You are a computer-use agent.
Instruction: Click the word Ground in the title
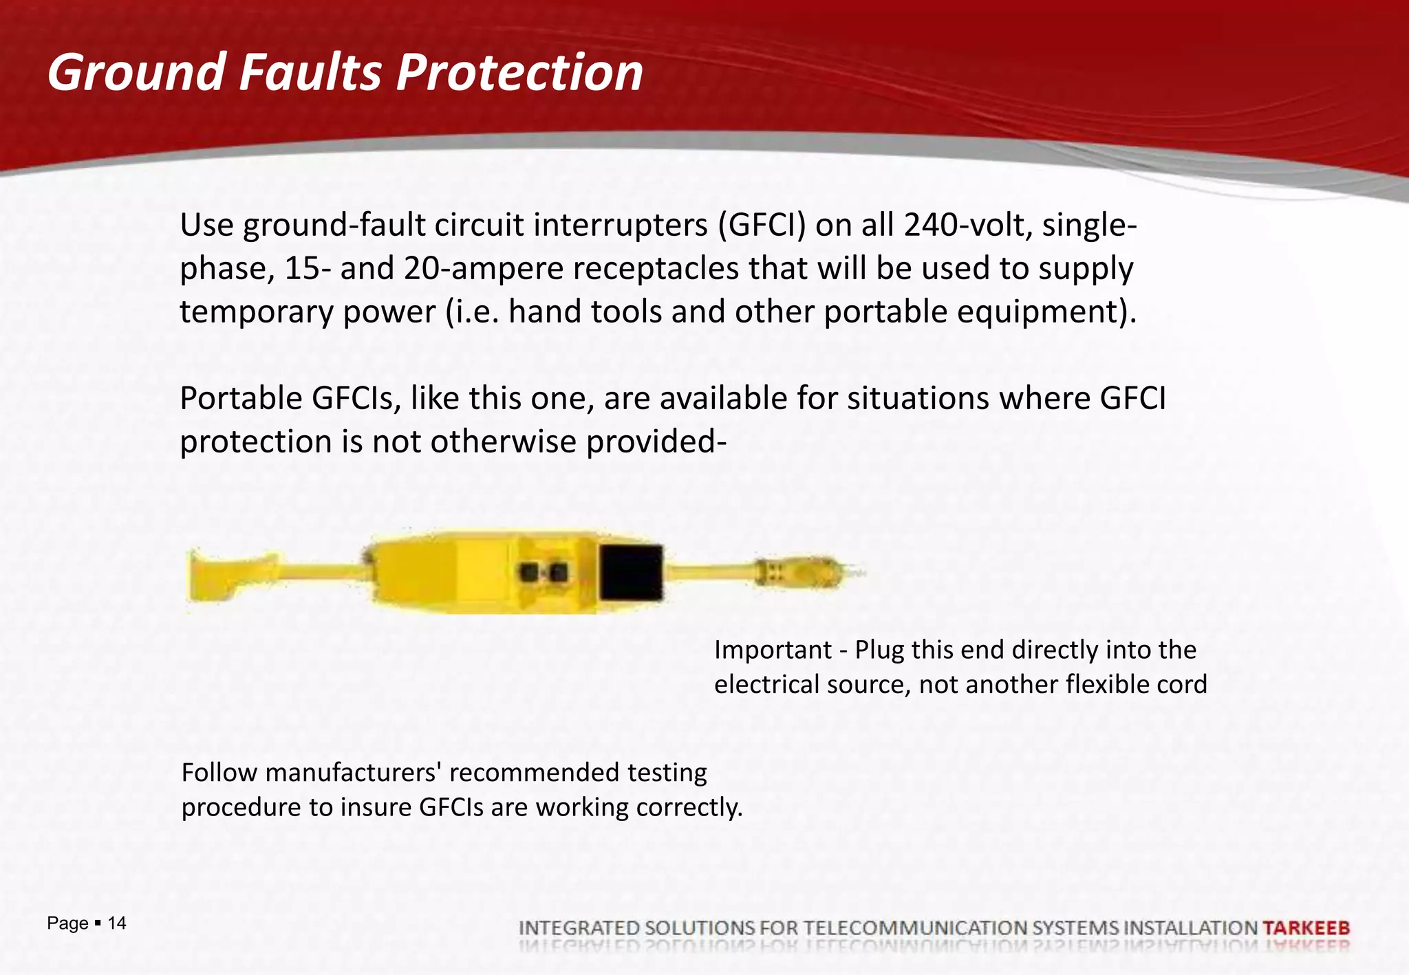click(136, 72)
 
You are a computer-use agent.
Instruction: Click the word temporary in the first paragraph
click(256, 312)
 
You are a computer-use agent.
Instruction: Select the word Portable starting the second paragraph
click(240, 399)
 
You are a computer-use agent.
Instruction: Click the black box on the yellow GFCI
click(631, 572)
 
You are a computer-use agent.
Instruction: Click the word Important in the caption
click(773, 650)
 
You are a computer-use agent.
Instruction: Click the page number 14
click(117, 923)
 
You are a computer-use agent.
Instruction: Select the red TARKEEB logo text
click(1306, 928)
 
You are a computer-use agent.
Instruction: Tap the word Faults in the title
click(310, 72)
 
